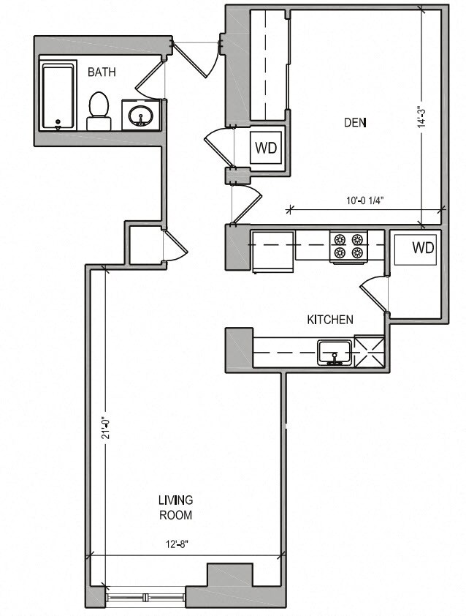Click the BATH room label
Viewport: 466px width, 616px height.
102,72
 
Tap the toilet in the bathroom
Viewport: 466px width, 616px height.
99,110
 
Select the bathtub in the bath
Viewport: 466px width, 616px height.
58,97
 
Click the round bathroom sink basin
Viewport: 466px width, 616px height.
141,115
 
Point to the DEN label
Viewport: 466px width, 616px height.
355,123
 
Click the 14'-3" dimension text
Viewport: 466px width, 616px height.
421,117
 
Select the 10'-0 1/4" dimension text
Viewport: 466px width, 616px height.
364,200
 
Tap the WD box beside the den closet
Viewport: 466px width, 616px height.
266,148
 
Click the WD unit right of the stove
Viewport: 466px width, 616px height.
415,249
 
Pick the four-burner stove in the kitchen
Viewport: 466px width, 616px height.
348,246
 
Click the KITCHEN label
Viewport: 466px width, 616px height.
330,320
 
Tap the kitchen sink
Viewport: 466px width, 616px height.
335,353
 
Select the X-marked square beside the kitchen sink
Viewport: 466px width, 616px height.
369,351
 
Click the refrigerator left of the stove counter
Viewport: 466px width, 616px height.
273,252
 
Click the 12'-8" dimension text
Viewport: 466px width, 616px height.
176,545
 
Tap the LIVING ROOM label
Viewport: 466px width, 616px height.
176,507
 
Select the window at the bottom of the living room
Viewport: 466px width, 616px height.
145,598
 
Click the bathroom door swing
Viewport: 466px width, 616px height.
150,80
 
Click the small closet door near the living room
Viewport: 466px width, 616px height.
175,246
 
